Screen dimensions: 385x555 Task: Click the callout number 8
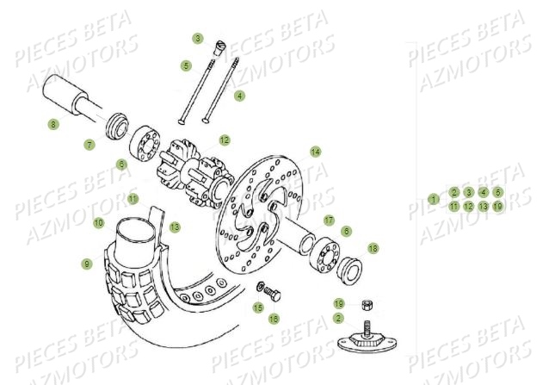pyautogui.click(x=53, y=124)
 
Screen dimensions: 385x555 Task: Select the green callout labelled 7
pyautogui.click(x=89, y=145)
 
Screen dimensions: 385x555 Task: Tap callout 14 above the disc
pyautogui.click(x=316, y=152)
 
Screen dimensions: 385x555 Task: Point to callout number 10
pyautogui.click(x=99, y=223)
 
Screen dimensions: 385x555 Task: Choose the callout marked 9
pyautogui.click(x=87, y=264)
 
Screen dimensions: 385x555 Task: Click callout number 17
pyautogui.click(x=329, y=220)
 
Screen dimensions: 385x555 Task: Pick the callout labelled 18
pyautogui.click(x=373, y=248)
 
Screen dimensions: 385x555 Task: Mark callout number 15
pyautogui.click(x=257, y=307)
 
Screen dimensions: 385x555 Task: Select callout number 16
pyautogui.click(x=274, y=319)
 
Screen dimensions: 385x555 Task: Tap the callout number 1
pyautogui.click(x=434, y=199)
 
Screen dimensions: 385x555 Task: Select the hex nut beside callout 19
pyautogui.click(x=365, y=304)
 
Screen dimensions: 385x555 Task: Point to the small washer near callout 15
pyautogui.click(x=261, y=286)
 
